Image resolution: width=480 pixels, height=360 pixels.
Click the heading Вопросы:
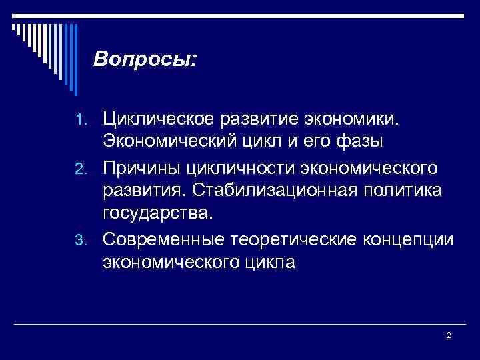[x=145, y=59]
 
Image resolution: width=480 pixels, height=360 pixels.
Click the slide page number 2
[x=449, y=335]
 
